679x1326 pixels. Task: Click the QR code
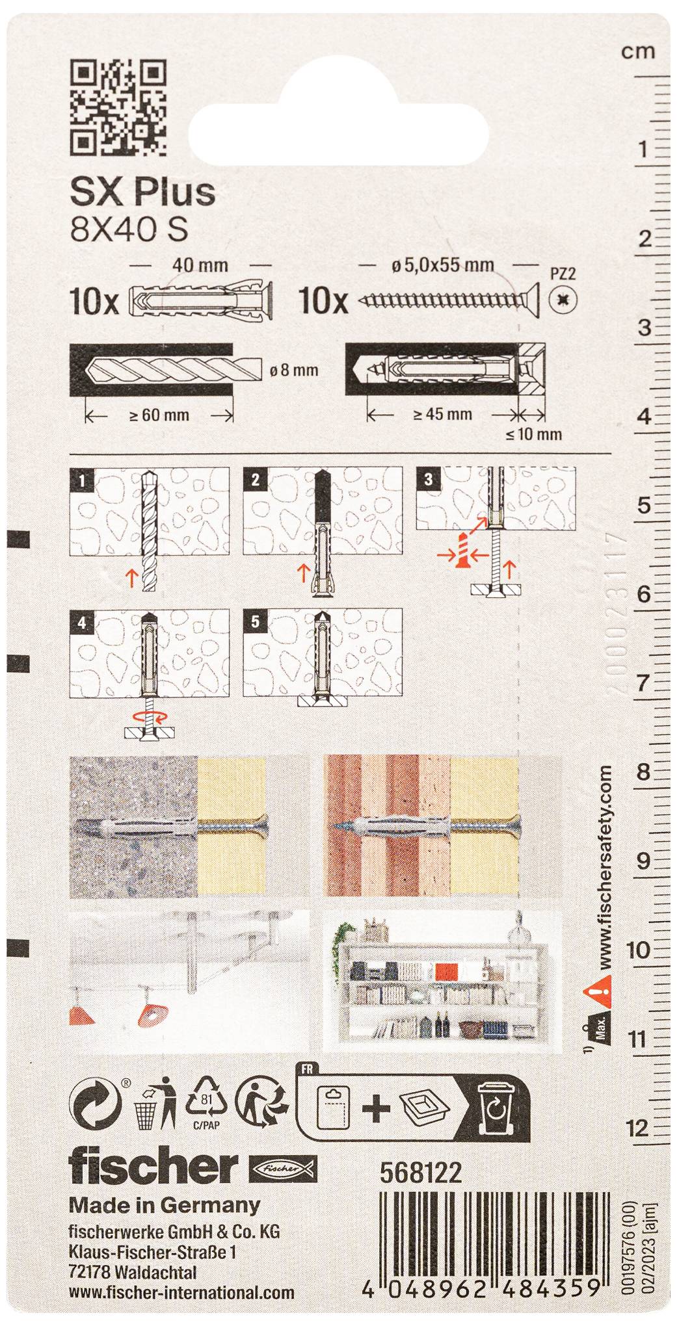pos(118,107)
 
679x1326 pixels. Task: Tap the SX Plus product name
pos(142,192)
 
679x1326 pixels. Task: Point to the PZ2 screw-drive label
pos(563,274)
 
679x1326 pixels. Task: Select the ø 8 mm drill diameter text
pos(294,370)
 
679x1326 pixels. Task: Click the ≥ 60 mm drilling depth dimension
pos(159,415)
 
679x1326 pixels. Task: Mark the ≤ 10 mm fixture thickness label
pos(533,434)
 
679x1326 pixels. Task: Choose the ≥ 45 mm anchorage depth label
pos(442,414)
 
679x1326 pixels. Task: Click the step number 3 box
pos(428,480)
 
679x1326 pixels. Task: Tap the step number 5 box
pos(255,621)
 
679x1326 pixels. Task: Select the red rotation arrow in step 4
pos(150,716)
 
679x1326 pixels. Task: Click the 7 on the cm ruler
pos(643,682)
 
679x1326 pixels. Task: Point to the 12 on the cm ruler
pos(638,1128)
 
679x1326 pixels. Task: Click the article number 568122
pos(420,1172)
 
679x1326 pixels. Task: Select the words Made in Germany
pos(164,1205)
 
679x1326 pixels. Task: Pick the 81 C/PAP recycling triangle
pos(206,1103)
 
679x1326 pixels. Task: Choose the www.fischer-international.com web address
pos(181,1293)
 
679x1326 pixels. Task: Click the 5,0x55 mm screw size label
pos(442,265)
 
